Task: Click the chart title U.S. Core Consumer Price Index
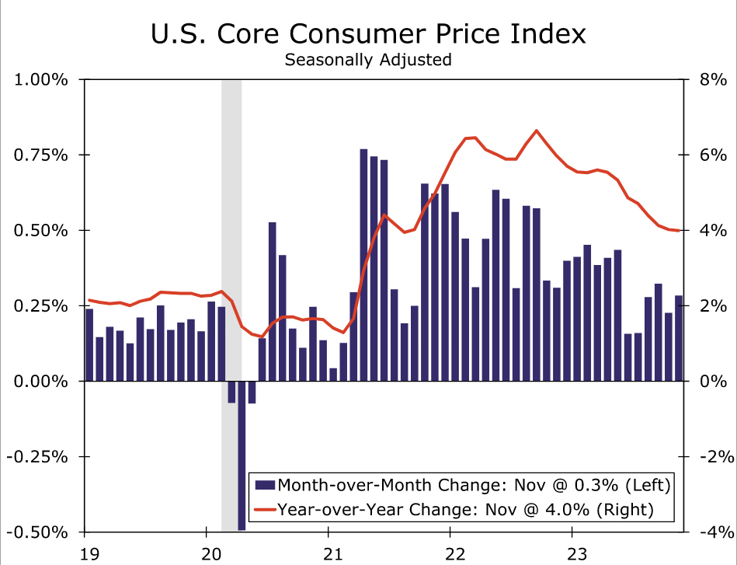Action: click(x=368, y=35)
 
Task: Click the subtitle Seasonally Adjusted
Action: click(x=368, y=60)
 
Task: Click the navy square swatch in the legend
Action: click(x=265, y=485)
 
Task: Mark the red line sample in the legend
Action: click(x=265, y=509)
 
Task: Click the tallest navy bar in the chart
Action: click(x=363, y=264)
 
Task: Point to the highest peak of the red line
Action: click(x=537, y=131)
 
